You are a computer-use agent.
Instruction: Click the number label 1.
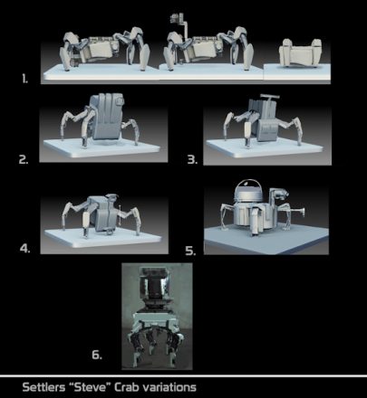24,79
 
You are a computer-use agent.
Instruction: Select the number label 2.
24,159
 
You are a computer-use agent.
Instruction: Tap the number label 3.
192,159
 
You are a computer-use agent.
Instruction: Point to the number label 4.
25,249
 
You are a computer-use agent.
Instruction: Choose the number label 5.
190,251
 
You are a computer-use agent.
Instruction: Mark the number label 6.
97,355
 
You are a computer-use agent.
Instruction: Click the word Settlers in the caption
43,387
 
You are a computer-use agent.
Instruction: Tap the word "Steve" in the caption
90,387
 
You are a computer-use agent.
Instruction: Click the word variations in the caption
169,387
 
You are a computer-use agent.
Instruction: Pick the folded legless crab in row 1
300,53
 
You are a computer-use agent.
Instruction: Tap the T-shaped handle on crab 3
268,99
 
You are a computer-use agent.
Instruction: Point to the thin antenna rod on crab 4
121,214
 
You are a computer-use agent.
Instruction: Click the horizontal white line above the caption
183,376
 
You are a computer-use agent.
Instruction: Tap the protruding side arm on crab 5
295,211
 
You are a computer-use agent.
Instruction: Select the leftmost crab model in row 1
104,49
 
